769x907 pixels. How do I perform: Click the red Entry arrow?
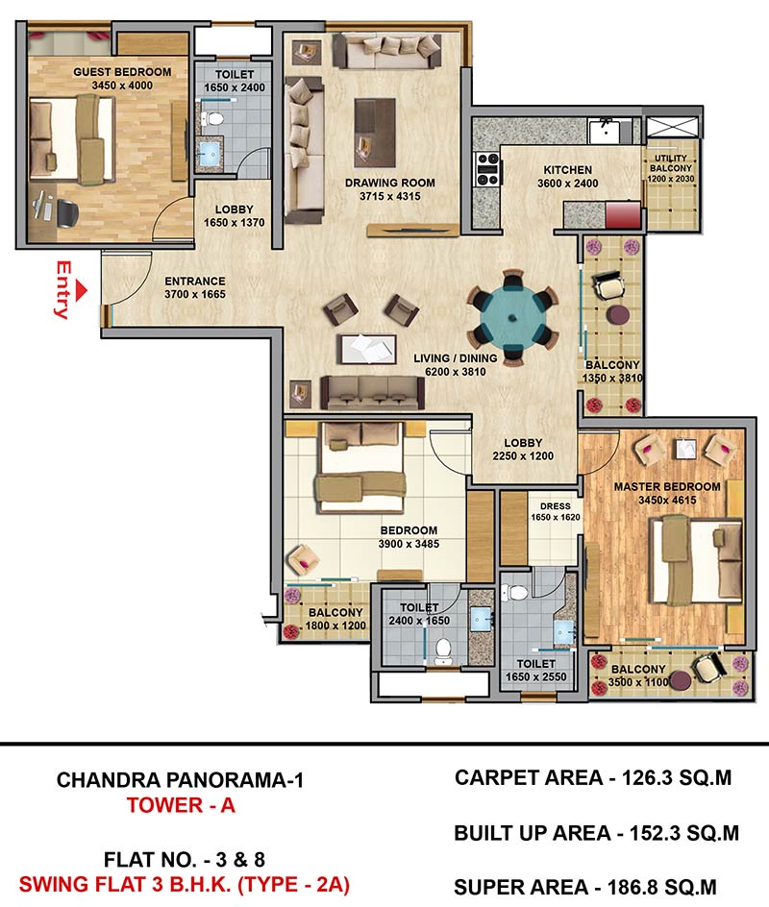point(82,290)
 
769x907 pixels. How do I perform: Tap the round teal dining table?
point(512,318)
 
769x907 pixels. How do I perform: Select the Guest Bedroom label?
point(122,72)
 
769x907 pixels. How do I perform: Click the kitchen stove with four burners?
point(487,169)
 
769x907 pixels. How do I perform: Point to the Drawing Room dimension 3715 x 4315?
point(390,196)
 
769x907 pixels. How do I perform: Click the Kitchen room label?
point(568,170)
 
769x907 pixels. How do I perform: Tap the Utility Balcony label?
point(671,163)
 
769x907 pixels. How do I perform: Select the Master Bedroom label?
point(667,487)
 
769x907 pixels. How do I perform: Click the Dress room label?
point(556,506)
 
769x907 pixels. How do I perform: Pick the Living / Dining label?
point(456,358)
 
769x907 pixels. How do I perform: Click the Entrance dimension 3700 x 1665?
point(195,294)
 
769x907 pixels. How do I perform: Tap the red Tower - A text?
point(181,805)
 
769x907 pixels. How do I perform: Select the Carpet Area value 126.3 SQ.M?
point(677,778)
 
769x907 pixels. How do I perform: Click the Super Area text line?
point(585,887)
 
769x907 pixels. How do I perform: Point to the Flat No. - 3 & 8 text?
point(184,860)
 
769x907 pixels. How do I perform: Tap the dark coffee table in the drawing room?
point(375,132)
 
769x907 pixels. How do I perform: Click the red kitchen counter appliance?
point(623,214)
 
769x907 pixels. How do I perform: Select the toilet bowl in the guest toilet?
point(212,119)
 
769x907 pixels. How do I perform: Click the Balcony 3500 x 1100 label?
point(638,675)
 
